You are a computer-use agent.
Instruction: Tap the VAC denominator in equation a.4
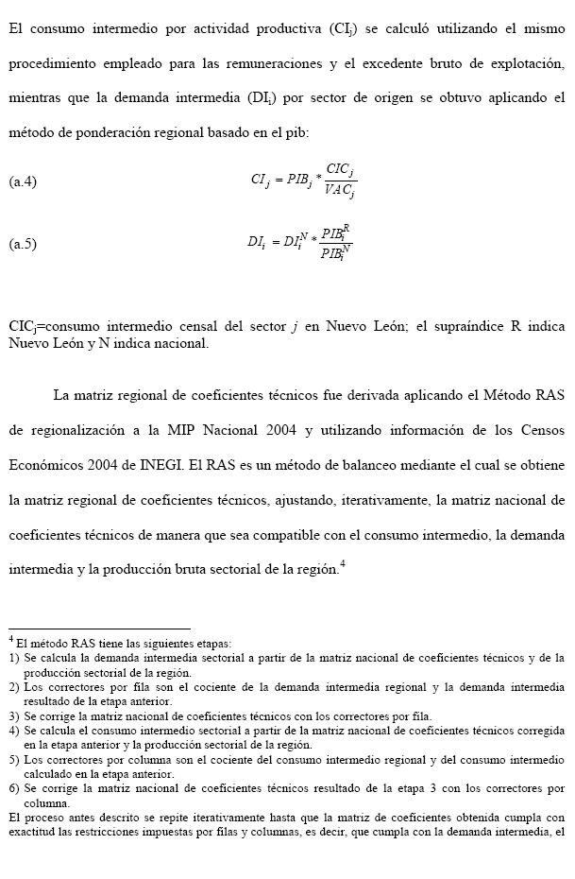pyautogui.click(x=339, y=191)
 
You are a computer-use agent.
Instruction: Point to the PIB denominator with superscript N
pyautogui.click(x=335, y=253)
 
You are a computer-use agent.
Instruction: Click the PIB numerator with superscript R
pyautogui.click(x=335, y=233)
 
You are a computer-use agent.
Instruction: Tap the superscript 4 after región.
pyautogui.click(x=343, y=564)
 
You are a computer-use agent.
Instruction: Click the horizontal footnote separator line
pyautogui.click(x=99, y=628)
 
